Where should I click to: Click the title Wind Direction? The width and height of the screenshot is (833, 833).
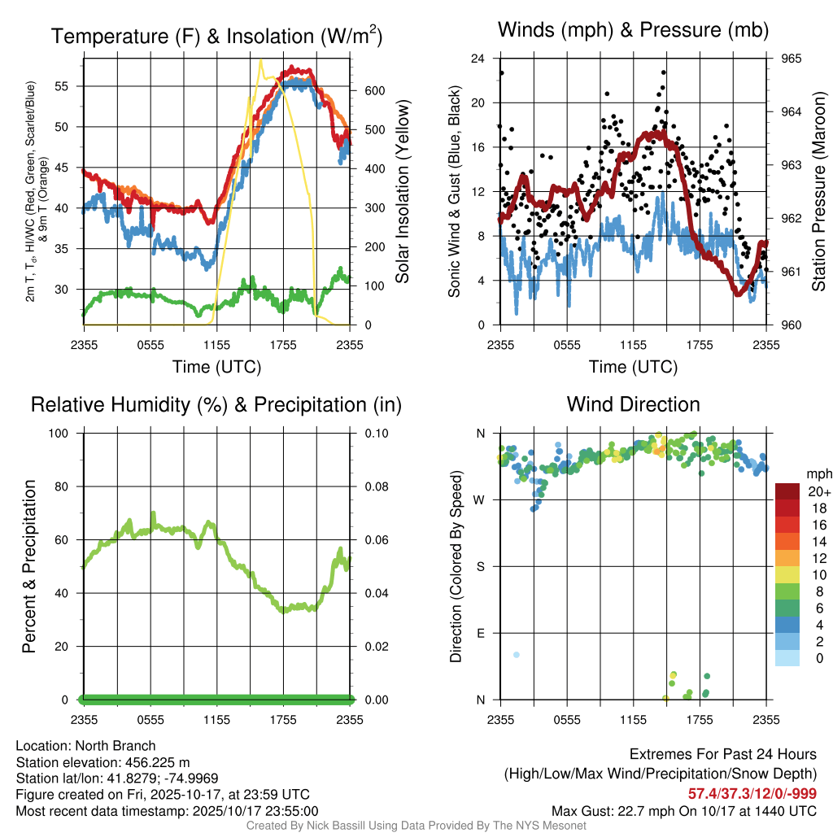click(633, 404)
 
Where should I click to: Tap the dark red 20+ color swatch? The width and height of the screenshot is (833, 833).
click(787, 491)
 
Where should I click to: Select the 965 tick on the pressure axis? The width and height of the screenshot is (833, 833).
click(792, 59)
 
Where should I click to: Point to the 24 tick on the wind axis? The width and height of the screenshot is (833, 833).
click(478, 59)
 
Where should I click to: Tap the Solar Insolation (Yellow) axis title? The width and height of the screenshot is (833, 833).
click(402, 192)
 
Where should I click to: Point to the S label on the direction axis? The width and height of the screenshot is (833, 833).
click(480, 566)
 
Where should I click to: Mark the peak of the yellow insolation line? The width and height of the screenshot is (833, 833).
click(260, 60)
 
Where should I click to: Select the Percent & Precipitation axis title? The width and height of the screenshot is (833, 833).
click(29, 566)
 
